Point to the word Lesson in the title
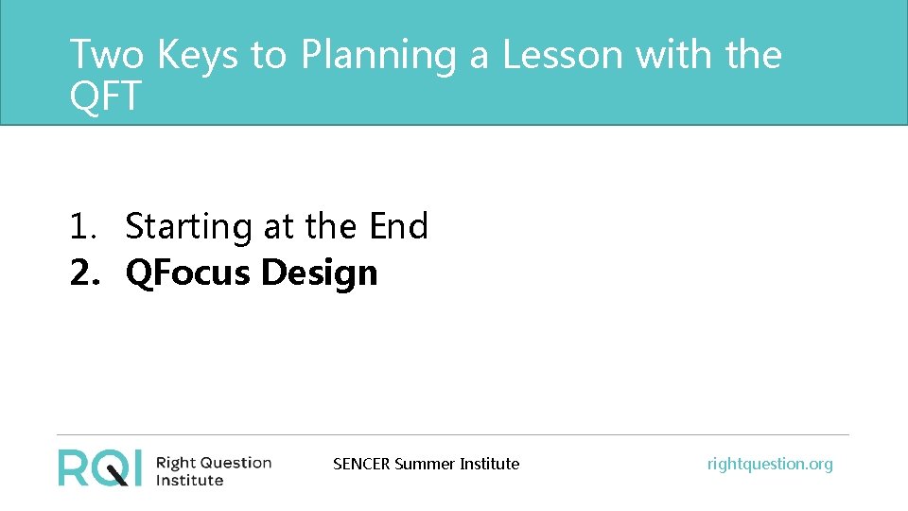[x=562, y=55]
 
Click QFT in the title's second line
[x=105, y=96]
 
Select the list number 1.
[x=81, y=227]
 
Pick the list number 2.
[x=82, y=273]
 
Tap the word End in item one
[x=398, y=227]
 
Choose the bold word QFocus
[x=188, y=273]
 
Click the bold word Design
[x=319, y=274]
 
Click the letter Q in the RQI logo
[x=107, y=467]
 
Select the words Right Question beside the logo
[x=213, y=463]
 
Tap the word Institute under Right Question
[x=189, y=481]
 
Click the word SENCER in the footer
[x=361, y=464]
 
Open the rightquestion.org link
[x=770, y=464]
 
